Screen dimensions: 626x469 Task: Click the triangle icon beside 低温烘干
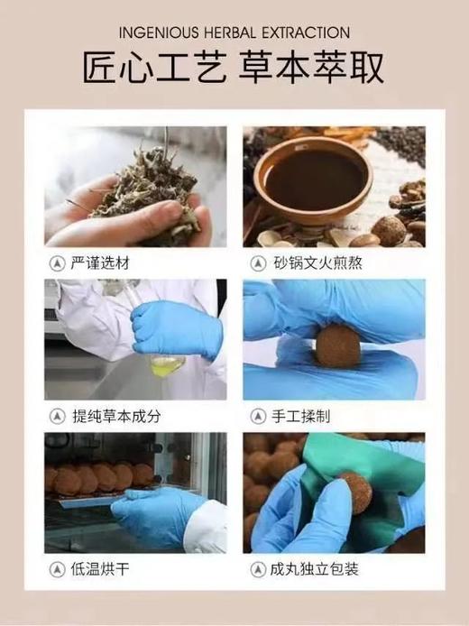point(56,569)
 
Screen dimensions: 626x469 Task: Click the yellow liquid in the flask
point(167,364)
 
